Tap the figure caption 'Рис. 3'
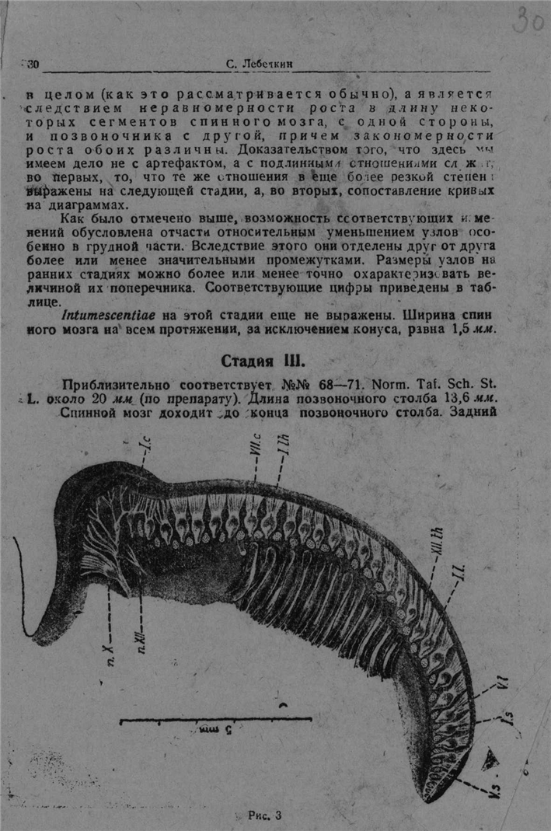264,815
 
